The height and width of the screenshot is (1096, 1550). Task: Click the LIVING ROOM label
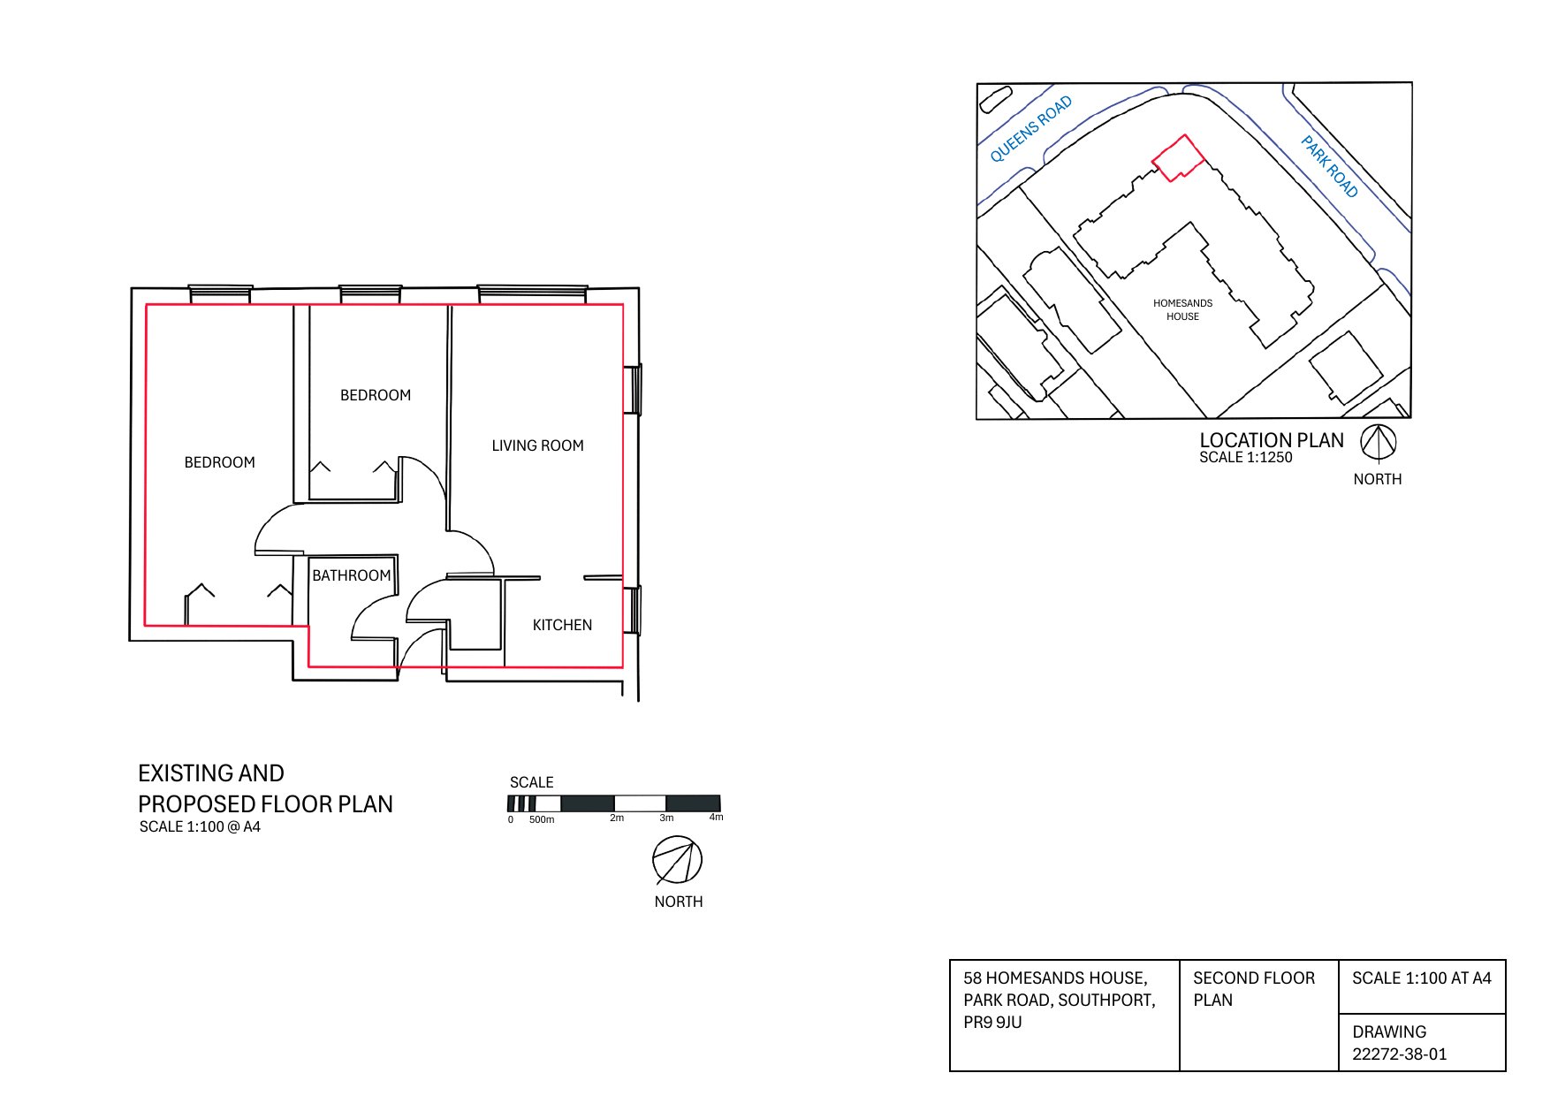[537, 445]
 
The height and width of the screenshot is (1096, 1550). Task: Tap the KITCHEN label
[562, 625]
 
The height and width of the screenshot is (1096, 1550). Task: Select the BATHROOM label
[351, 575]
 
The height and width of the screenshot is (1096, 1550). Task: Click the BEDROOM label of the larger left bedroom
[219, 462]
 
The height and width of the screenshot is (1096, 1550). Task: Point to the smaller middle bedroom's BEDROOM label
[376, 395]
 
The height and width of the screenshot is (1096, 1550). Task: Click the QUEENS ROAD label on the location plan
[1030, 129]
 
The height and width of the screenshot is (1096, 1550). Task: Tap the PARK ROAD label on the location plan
[1329, 166]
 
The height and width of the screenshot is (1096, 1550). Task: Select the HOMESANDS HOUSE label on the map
[1182, 309]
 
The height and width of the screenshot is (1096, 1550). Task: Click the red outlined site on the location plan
[1178, 159]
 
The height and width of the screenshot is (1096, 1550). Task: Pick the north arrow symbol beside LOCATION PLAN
[1378, 443]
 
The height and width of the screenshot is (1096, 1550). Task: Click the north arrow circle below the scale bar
[678, 861]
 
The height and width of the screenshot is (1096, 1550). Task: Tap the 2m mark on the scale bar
[616, 818]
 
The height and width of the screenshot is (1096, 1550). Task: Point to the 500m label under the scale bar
[542, 820]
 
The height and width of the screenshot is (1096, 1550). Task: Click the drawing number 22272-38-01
[1399, 1054]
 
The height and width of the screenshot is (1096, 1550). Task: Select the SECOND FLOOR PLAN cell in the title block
[1253, 989]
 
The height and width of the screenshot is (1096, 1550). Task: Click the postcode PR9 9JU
[992, 1023]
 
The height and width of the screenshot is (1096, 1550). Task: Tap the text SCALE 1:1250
[1245, 458]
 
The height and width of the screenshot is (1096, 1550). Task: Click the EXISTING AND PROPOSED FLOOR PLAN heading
[264, 788]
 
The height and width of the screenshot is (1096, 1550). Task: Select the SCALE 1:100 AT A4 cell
[1421, 978]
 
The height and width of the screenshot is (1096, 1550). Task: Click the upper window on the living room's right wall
[634, 389]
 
